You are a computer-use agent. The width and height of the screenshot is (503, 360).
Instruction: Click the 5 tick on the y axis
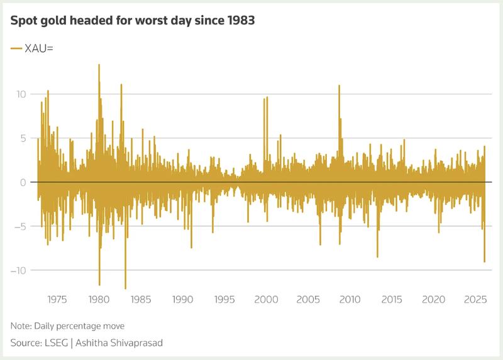pyautogui.click(x=23, y=138)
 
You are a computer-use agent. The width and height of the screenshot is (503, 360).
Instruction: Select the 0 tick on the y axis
pyautogui.click(x=23, y=182)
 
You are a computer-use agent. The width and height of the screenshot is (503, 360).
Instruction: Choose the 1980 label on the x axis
pyautogui.click(x=99, y=299)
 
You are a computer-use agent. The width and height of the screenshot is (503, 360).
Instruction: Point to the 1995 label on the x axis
pyautogui.click(x=224, y=299)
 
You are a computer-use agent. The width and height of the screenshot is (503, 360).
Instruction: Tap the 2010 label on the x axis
pyautogui.click(x=350, y=299)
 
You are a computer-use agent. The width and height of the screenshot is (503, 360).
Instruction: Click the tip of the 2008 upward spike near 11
pyautogui.click(x=340, y=85)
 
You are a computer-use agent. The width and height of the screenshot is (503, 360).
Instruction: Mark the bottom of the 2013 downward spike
pyautogui.click(x=377, y=257)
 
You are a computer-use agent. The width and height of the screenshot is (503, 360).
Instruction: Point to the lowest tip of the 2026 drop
pyautogui.click(x=484, y=262)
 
